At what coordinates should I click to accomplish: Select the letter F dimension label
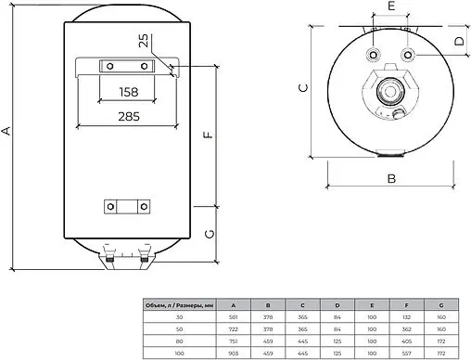[x=209, y=134]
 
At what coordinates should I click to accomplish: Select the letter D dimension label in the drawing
[x=459, y=42]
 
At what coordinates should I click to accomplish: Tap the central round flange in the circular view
[x=389, y=96]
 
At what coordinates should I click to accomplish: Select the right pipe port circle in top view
[x=407, y=55]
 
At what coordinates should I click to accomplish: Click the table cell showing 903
[x=232, y=354]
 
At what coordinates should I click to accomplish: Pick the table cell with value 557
[x=408, y=354]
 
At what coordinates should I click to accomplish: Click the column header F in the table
[x=408, y=303]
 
